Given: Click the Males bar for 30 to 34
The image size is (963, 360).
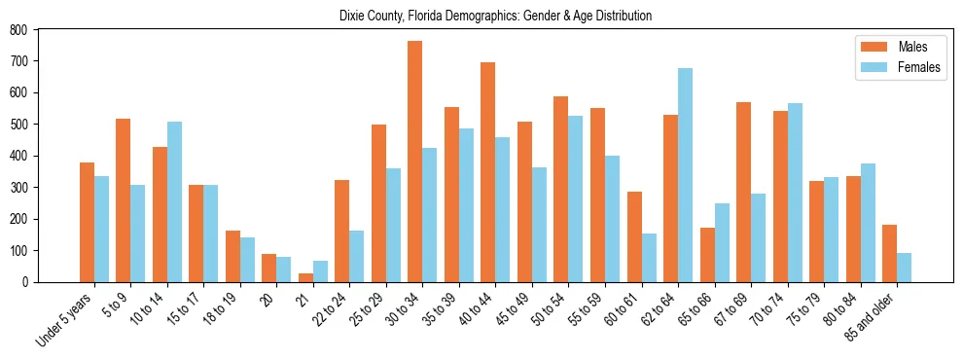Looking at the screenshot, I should pos(414,162).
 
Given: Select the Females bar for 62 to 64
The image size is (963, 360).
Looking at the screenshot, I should pos(685,175).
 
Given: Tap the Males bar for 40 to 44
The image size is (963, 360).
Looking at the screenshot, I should pos(487,172).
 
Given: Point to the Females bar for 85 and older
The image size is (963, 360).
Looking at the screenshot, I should pos(904,268).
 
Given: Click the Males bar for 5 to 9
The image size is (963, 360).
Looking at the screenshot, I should pos(123,200).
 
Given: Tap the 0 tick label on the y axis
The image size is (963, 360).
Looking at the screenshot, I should pos(26,282).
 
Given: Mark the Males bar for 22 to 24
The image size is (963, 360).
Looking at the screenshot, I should pos(341,231).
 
